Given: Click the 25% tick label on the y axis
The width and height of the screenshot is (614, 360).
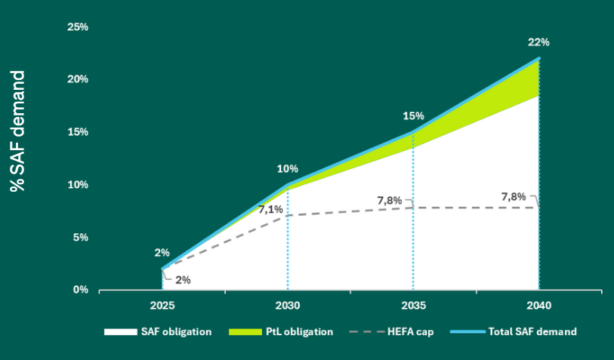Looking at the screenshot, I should click(x=78, y=26).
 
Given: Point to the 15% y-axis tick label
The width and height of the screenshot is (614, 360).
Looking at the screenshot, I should click(x=78, y=132).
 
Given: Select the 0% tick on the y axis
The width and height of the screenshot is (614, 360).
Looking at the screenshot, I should click(x=80, y=290).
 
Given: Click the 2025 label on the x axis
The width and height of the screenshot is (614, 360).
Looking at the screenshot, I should click(x=162, y=306).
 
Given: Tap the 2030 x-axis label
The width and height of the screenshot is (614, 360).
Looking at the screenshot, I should click(x=288, y=306).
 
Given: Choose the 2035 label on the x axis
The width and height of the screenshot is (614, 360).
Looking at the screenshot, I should click(x=413, y=306).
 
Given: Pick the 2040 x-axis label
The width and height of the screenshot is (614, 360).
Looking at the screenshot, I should click(x=538, y=306).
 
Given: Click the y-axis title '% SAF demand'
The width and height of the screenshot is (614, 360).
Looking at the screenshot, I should click(x=18, y=131).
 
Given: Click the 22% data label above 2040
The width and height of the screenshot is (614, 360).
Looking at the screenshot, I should click(x=538, y=42).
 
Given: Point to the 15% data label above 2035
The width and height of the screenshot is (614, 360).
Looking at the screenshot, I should click(x=413, y=116).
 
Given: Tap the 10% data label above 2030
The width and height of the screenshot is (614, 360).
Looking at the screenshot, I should click(x=288, y=169).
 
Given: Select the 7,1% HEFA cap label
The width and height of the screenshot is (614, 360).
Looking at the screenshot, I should click(x=270, y=209).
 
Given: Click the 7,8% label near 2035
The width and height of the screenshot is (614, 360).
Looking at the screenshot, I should click(x=390, y=200).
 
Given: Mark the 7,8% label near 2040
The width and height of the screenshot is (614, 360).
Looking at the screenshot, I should click(x=514, y=197).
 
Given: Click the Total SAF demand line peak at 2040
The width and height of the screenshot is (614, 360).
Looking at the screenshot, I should click(x=538, y=58).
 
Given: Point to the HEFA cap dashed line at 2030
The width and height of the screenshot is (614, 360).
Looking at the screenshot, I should click(x=288, y=215).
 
